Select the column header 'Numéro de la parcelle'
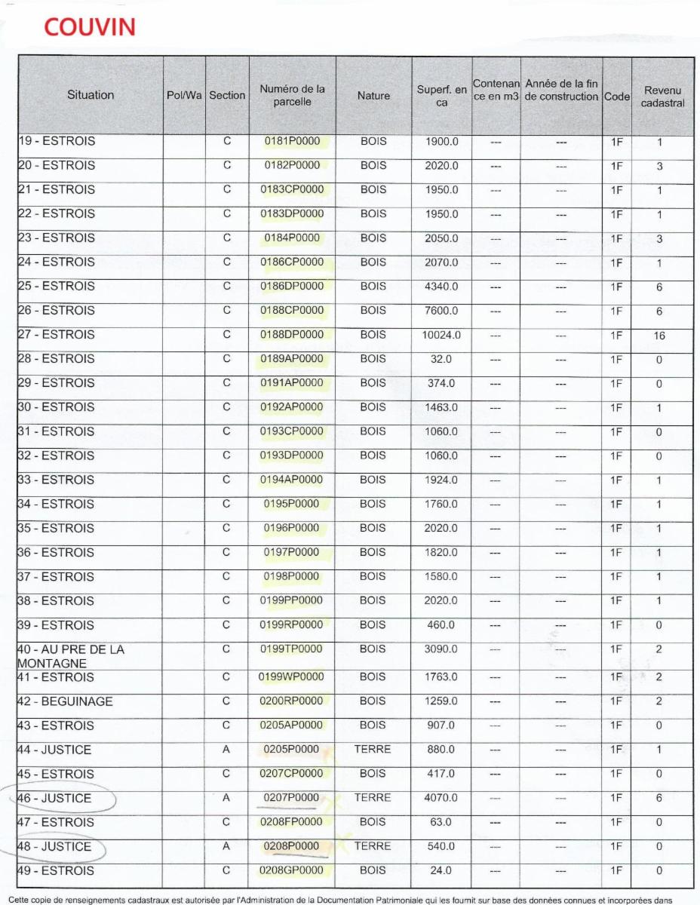[x=292, y=96]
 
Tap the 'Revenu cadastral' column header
[x=662, y=96]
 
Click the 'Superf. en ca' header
[x=442, y=96]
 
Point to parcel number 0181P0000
[x=292, y=141]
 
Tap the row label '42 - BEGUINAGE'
[x=65, y=701]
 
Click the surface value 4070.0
[x=441, y=799]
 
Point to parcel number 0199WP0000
[x=292, y=677]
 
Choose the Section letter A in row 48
[x=227, y=847]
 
